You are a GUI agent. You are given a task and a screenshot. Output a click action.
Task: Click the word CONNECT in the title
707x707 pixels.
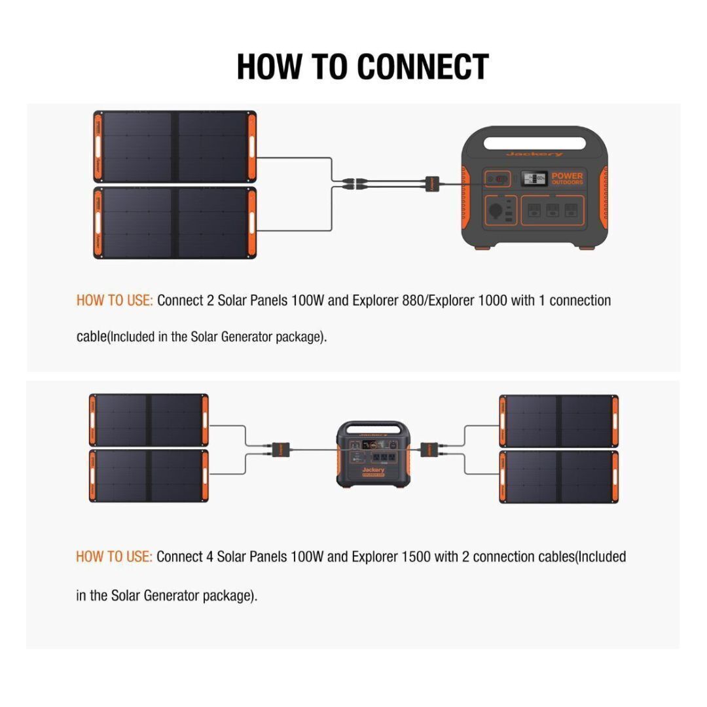pyautogui.click(x=424, y=67)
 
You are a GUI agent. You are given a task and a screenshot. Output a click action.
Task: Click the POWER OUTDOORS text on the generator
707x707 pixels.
pyautogui.click(x=567, y=179)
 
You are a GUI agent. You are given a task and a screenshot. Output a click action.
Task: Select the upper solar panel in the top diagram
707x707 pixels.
pyautogui.click(x=175, y=146)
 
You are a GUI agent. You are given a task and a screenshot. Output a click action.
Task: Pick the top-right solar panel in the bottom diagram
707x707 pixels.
pyautogui.click(x=558, y=421)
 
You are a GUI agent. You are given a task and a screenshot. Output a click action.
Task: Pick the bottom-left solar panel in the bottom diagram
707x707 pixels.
pyautogui.click(x=149, y=476)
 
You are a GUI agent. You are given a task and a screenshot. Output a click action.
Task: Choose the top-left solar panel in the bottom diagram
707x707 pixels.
pyautogui.click(x=149, y=420)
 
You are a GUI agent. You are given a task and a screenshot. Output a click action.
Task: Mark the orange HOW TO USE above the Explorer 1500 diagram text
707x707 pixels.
pyautogui.click(x=114, y=557)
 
